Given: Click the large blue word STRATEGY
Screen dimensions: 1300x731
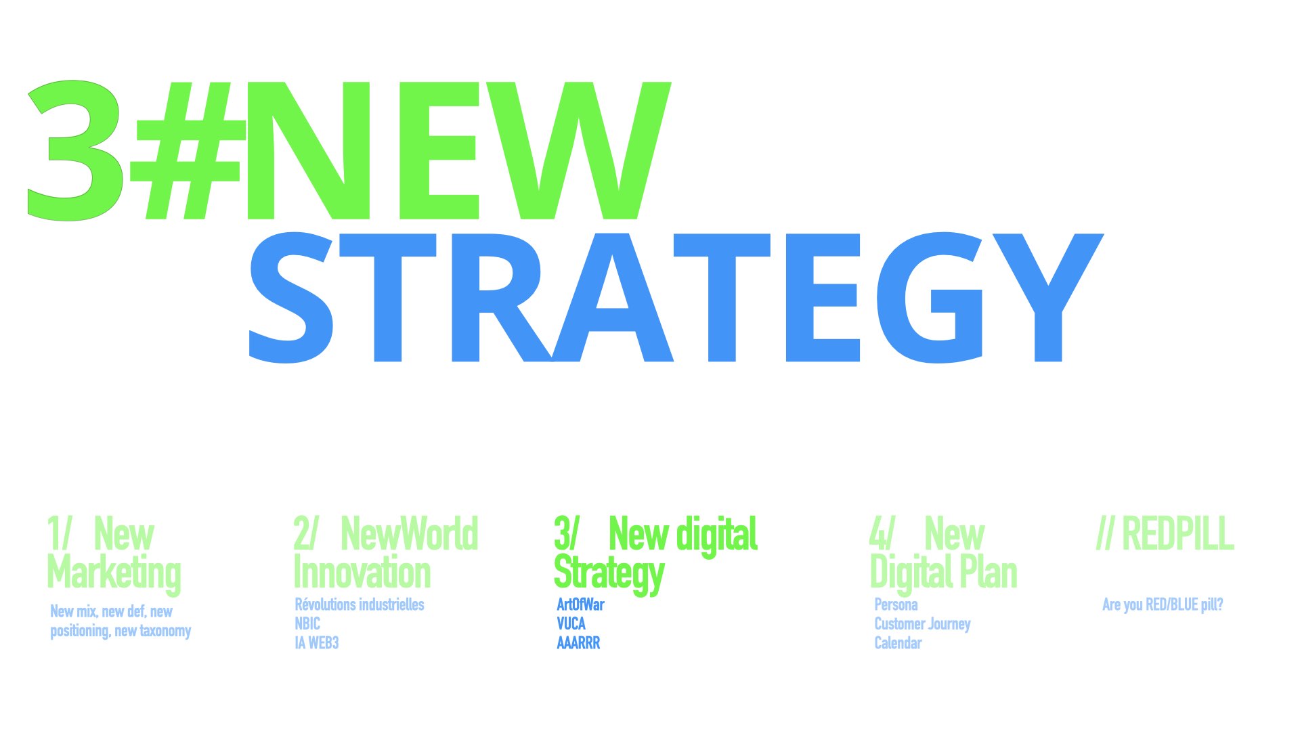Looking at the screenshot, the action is pos(676,298).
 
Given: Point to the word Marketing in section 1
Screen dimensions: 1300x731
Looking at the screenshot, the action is pos(114,573).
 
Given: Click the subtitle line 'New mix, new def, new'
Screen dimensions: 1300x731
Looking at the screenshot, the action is pos(111,611).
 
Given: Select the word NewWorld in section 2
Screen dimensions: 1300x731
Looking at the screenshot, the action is pos(410,534).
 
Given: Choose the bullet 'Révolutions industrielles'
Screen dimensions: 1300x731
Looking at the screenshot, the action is pos(360,604).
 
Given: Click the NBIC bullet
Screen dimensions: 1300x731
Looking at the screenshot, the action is pos(307,623).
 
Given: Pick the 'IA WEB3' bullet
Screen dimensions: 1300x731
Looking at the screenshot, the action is pos(316,642).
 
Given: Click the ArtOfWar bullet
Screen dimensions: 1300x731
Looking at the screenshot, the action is pos(580,604).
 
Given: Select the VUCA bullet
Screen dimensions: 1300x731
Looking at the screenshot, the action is pos(571,623).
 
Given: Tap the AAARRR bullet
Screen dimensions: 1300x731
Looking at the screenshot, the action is pos(578,642).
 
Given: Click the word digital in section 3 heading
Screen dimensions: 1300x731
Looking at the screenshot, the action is pos(718,535).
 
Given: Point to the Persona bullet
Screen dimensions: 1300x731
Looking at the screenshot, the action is pos(896,604).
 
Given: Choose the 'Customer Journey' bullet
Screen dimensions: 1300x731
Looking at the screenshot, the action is pos(922,624).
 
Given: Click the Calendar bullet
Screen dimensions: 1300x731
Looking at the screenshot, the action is pos(898,642).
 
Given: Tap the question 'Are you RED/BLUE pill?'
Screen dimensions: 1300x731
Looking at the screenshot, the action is pos(1163,604).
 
